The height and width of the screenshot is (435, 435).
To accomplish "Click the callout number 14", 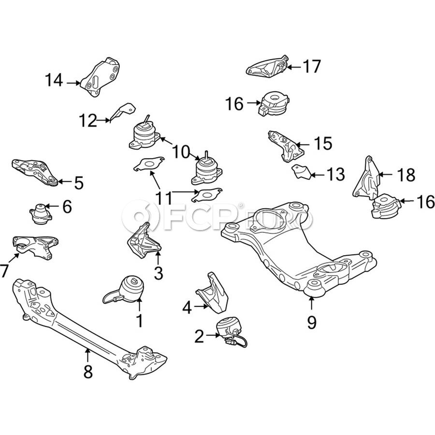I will [x=54, y=80].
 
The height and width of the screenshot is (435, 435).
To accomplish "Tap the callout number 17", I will [x=312, y=66].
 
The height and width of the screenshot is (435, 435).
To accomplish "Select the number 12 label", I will [x=88, y=120].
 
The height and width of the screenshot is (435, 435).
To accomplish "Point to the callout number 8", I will [x=87, y=372].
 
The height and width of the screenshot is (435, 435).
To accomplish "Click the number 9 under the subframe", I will [x=311, y=322].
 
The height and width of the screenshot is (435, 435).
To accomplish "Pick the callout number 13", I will [x=334, y=174].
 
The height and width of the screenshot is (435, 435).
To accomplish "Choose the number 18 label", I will [x=406, y=175].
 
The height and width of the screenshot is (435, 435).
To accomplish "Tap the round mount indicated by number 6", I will [x=41, y=213].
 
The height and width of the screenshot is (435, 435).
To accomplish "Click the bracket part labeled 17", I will [x=266, y=66].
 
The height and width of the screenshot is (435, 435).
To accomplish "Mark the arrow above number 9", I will [x=311, y=304].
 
